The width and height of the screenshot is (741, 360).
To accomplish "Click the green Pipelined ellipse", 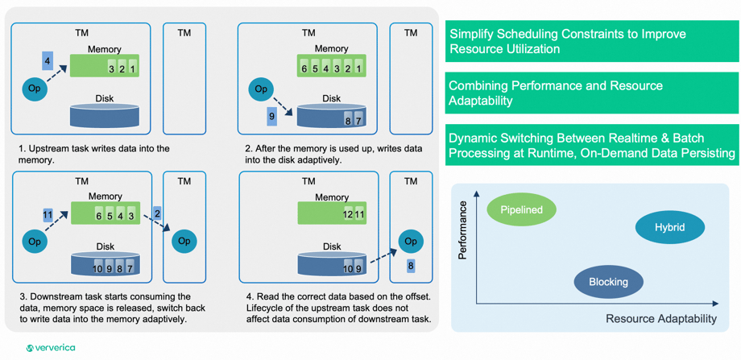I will pos(521,209).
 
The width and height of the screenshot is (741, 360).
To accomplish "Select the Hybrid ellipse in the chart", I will pos(669,227).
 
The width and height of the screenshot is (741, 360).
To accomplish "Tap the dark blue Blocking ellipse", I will pos(608,282).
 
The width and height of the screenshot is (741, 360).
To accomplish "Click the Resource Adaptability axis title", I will pos(660,319).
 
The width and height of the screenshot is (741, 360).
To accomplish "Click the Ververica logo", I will pos(51,348).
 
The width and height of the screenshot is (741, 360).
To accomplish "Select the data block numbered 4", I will pos(48,61).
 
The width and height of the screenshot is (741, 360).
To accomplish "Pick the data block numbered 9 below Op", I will pos(272,117).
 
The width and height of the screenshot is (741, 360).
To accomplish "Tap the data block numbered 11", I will pos(48,215).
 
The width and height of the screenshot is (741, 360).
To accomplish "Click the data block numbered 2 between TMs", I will pos(157,213).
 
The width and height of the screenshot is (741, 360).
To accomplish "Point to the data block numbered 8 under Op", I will pos(411,266).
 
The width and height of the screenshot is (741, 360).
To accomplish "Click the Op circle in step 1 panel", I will pos(35,89).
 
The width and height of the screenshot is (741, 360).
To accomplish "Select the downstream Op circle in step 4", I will pos(411,241).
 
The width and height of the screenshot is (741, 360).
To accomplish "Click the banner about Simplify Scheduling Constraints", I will pos(592,42).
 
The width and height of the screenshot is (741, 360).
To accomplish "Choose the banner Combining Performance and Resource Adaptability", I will pos(592,93).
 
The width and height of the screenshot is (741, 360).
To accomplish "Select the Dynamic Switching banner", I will pos(592,145).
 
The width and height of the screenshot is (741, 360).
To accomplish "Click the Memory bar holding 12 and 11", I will pos(331,213).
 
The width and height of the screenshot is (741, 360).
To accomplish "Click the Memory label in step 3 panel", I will pos(105,197).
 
